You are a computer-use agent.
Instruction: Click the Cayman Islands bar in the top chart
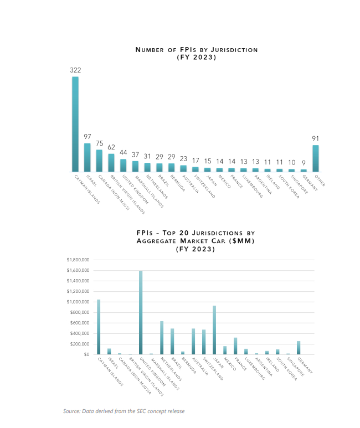(75, 124)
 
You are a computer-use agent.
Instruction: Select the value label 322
(75, 70)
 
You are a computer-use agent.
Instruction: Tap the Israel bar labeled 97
(87, 157)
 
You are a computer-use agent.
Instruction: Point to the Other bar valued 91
(316, 158)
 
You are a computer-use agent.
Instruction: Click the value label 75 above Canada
(99, 143)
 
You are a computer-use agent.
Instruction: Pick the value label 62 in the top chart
(111, 147)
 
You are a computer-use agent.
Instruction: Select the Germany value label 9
(304, 163)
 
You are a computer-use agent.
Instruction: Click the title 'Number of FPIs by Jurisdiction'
(197, 50)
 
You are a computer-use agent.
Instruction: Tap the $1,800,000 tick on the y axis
(78, 260)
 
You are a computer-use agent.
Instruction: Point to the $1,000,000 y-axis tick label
(78, 302)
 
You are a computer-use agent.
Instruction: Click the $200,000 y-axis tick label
(79, 344)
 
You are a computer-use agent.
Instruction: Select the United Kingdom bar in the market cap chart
(141, 313)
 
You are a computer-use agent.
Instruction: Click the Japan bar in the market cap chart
(214, 330)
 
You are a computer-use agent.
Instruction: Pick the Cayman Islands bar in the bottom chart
(99, 327)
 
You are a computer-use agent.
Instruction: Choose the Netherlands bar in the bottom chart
(162, 338)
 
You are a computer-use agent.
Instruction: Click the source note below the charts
(124, 411)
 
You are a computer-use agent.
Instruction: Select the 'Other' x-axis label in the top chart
(320, 181)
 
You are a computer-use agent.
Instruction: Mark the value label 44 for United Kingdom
(124, 152)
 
